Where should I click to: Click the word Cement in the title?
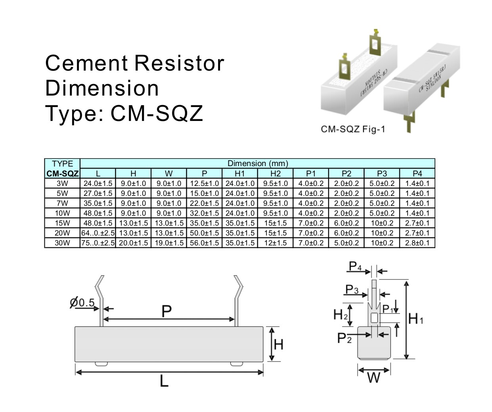point(87,63)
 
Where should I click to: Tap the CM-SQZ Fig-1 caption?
point(353,129)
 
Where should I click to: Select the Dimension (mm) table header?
point(258,163)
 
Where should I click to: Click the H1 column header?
point(240,173)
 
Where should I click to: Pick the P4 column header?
point(417,173)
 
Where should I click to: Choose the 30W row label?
point(62,243)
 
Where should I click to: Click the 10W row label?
point(62,213)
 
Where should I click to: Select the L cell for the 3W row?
point(98,183)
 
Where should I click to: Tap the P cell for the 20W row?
point(204,233)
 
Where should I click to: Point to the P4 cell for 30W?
point(417,243)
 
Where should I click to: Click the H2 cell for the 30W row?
point(276,243)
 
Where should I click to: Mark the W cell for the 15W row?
point(169,223)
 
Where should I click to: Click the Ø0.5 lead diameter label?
point(82,303)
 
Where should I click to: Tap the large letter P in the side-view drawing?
point(167,312)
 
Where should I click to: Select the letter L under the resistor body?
point(164,381)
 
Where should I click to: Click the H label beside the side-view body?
point(279,344)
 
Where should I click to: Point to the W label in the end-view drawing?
point(374,378)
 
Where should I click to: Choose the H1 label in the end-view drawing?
point(415,318)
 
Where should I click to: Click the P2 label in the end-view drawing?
point(344,338)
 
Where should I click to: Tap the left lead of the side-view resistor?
point(101,305)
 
